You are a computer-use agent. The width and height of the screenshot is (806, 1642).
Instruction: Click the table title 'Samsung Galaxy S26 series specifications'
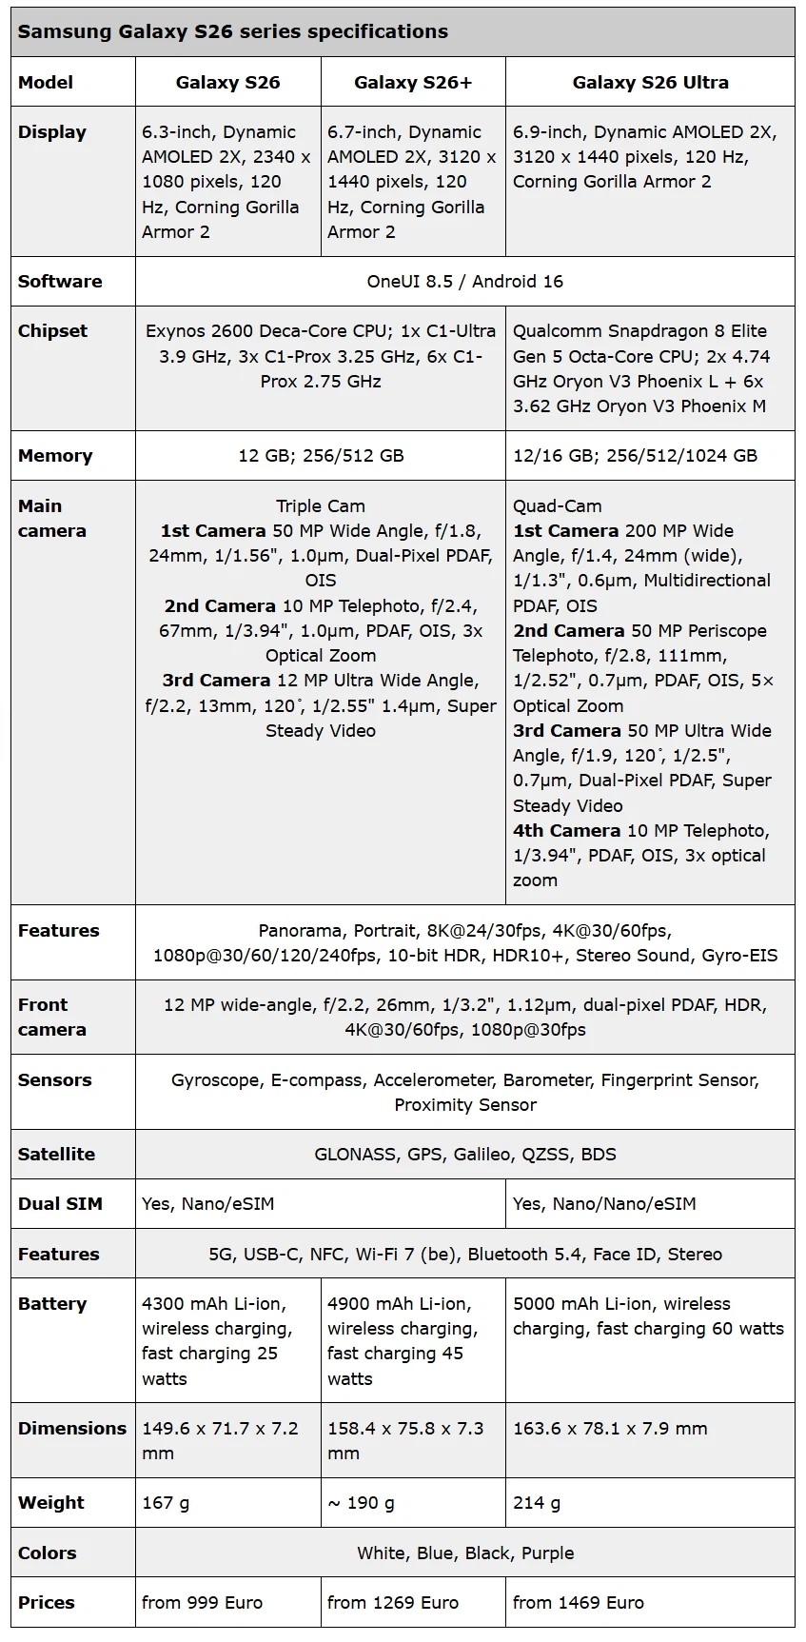coord(232,31)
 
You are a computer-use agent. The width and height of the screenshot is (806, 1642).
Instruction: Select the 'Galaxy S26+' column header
coord(412,82)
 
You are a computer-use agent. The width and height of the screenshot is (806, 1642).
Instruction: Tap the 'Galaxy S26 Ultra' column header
coord(650,82)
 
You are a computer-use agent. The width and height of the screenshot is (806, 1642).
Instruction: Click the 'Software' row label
coord(60,281)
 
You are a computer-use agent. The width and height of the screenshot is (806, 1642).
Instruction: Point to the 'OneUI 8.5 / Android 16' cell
coord(464,281)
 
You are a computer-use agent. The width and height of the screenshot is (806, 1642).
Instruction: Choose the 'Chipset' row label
coord(52,330)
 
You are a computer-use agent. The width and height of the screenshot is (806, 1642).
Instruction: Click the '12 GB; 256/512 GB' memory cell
coord(321,455)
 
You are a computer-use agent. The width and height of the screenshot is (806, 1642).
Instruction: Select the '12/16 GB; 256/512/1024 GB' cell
coord(635,455)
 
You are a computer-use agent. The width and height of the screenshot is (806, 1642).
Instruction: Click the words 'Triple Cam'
coord(321,505)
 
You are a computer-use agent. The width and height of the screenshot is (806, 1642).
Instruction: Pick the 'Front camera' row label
coord(51,1017)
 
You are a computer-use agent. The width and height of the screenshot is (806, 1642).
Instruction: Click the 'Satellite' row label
coord(56,1154)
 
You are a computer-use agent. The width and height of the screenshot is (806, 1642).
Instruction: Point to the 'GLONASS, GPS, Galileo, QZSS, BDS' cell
coord(464,1154)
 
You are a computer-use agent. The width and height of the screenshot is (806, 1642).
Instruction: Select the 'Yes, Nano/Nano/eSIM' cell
coord(604,1203)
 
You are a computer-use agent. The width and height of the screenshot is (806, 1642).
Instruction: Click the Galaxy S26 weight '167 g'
coord(166,1502)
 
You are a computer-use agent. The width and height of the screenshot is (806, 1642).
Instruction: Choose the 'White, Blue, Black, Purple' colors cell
coord(464,1553)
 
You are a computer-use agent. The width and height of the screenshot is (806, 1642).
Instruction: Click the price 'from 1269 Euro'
coord(392,1602)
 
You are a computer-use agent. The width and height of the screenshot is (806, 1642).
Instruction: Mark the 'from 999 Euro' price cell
coord(202,1602)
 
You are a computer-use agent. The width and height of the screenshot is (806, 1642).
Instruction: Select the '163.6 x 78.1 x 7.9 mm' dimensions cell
coord(610,1428)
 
